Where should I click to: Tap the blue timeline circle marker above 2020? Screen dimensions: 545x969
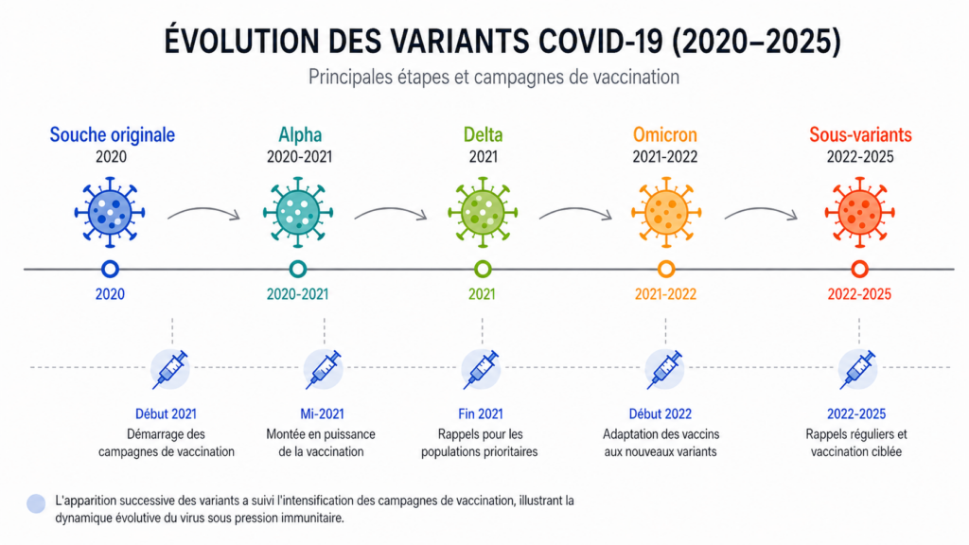pyautogui.click(x=111, y=269)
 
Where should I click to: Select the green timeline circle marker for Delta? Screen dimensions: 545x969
pyautogui.click(x=483, y=269)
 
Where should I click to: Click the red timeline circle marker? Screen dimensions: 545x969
pyautogui.click(x=859, y=269)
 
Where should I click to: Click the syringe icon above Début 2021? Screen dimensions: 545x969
pyautogui.click(x=171, y=368)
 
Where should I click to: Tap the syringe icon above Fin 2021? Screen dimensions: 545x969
pyautogui.click(x=482, y=368)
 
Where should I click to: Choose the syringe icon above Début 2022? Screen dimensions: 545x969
pyautogui.click(x=664, y=368)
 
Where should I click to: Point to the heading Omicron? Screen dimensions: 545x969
pyautogui.click(x=664, y=134)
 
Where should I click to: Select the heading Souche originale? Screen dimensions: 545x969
pyautogui.click(x=112, y=134)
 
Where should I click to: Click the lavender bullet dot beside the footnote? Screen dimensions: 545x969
pyautogui.click(x=36, y=503)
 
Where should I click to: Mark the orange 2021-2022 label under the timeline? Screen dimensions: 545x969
pyautogui.click(x=664, y=294)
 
